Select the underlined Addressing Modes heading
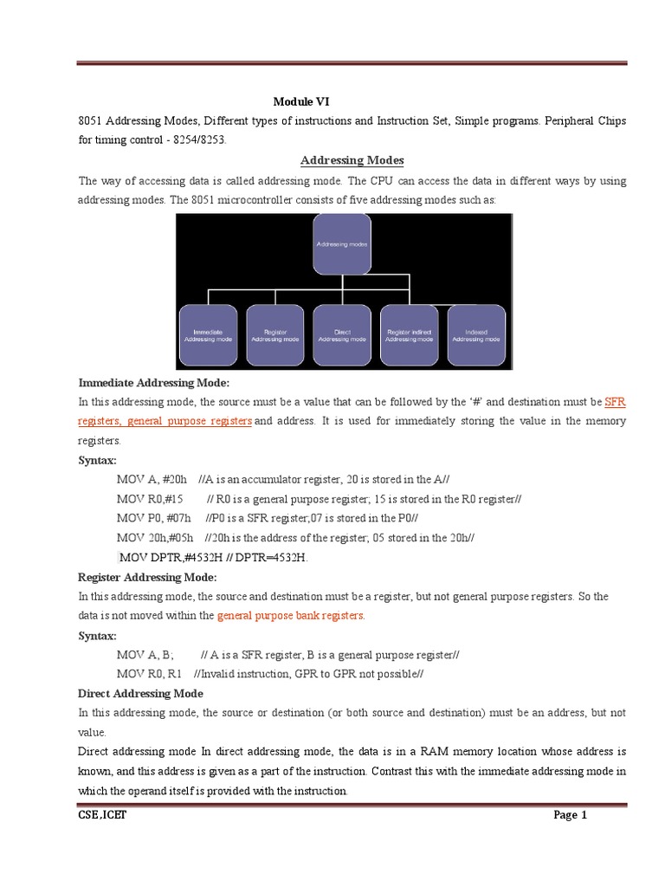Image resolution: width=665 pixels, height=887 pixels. click(x=352, y=160)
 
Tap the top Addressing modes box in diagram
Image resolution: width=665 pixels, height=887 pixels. click(x=342, y=244)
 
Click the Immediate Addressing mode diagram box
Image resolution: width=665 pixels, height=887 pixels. click(x=208, y=334)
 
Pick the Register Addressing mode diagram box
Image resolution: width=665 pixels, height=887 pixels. click(x=274, y=334)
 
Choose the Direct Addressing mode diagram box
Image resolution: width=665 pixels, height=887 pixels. click(x=342, y=334)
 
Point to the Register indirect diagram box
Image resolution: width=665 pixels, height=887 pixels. click(x=409, y=334)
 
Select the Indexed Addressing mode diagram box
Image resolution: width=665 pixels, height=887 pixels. click(x=476, y=334)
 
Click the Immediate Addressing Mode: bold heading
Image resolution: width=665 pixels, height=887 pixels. click(x=154, y=382)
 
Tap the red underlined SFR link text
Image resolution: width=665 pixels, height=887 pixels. click(x=615, y=402)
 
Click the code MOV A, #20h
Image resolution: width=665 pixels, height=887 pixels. click(x=152, y=479)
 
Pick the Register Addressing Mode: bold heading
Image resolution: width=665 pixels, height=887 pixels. click(x=147, y=577)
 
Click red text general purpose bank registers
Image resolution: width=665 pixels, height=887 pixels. click(x=291, y=615)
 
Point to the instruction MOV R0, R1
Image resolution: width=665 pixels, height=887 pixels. click(x=149, y=674)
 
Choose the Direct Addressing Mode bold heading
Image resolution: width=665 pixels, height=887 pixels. click(x=140, y=693)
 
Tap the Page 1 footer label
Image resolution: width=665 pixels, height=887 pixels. click(x=571, y=815)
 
